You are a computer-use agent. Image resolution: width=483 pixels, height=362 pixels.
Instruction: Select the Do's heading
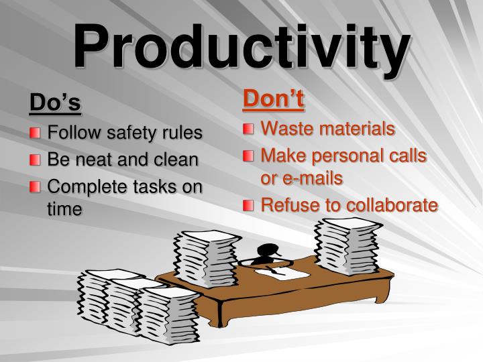[55, 103]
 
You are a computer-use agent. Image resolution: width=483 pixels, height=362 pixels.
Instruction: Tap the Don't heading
[273, 99]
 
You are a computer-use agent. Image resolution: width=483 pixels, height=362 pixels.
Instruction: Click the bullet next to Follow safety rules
[35, 133]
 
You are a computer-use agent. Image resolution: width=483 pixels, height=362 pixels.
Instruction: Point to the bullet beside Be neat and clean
[35, 160]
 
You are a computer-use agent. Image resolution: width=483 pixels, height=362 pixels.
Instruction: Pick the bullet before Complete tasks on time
[35, 187]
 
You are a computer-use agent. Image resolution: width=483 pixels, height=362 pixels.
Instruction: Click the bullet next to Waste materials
[249, 128]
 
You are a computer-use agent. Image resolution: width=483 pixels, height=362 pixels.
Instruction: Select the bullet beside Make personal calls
[249, 156]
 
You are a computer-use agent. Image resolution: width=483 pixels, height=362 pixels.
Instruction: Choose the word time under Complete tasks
[64, 209]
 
